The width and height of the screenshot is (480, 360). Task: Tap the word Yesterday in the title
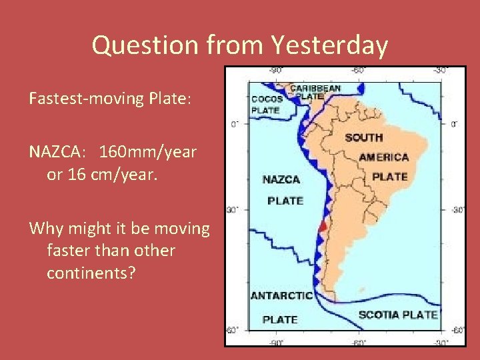[329, 45]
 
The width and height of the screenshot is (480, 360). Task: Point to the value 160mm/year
[148, 152]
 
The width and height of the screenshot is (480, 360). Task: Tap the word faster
[74, 251]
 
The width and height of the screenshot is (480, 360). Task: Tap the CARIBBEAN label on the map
[315, 87]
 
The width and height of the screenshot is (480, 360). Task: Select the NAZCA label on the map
[281, 179]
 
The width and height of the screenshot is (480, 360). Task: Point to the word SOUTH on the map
[363, 137]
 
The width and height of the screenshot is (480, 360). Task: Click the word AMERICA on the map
[383, 157]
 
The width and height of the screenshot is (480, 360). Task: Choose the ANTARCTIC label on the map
[281, 295]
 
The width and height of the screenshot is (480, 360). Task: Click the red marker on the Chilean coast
[323, 227]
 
